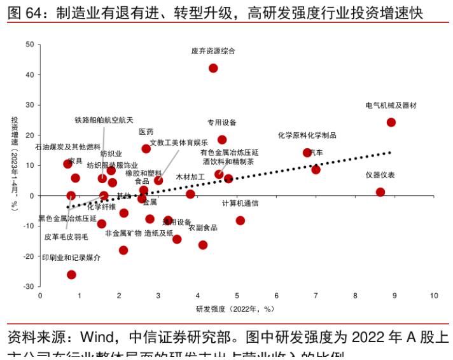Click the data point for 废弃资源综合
(213, 68)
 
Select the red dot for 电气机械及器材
(391, 122)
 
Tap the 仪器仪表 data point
(380, 192)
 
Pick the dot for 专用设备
(222, 140)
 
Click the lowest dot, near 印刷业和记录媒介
(71, 275)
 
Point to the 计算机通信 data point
(240, 221)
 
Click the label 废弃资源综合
(213, 50)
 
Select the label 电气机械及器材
(391, 105)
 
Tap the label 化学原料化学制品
(307, 135)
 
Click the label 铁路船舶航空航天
(104, 120)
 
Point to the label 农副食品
(203, 228)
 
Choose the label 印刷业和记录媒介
(71, 258)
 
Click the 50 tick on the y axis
(30, 45)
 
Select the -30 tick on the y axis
(29, 287)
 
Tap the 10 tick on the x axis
(434, 296)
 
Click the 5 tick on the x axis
(237, 296)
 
